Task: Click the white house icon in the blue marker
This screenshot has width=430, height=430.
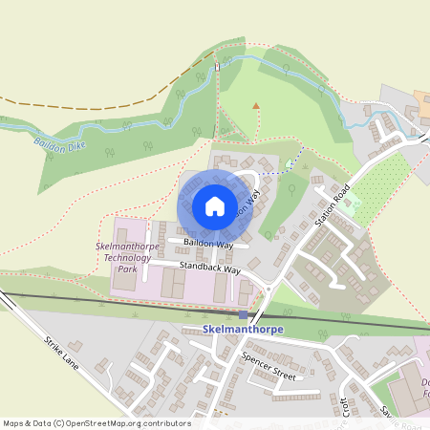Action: point(214,205)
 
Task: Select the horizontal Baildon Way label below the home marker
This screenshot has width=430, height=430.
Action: point(210,245)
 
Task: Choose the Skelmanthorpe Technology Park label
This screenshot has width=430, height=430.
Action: point(123,257)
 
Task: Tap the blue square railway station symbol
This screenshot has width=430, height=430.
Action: point(244,315)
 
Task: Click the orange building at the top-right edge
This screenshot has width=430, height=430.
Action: point(421,97)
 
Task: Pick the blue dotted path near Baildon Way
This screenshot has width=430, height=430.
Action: point(277,172)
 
